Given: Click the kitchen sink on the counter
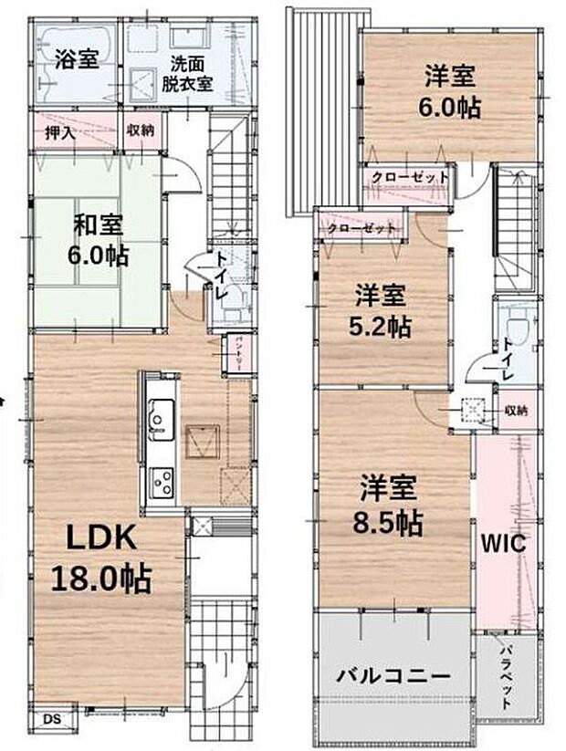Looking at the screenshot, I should pos(158,419).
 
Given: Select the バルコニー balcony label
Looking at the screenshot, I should pos(393,677).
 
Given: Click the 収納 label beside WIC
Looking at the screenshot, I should pos(515,411).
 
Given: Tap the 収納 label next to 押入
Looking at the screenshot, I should pos(140,130).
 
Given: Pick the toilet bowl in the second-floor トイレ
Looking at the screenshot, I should pos(515,330).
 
